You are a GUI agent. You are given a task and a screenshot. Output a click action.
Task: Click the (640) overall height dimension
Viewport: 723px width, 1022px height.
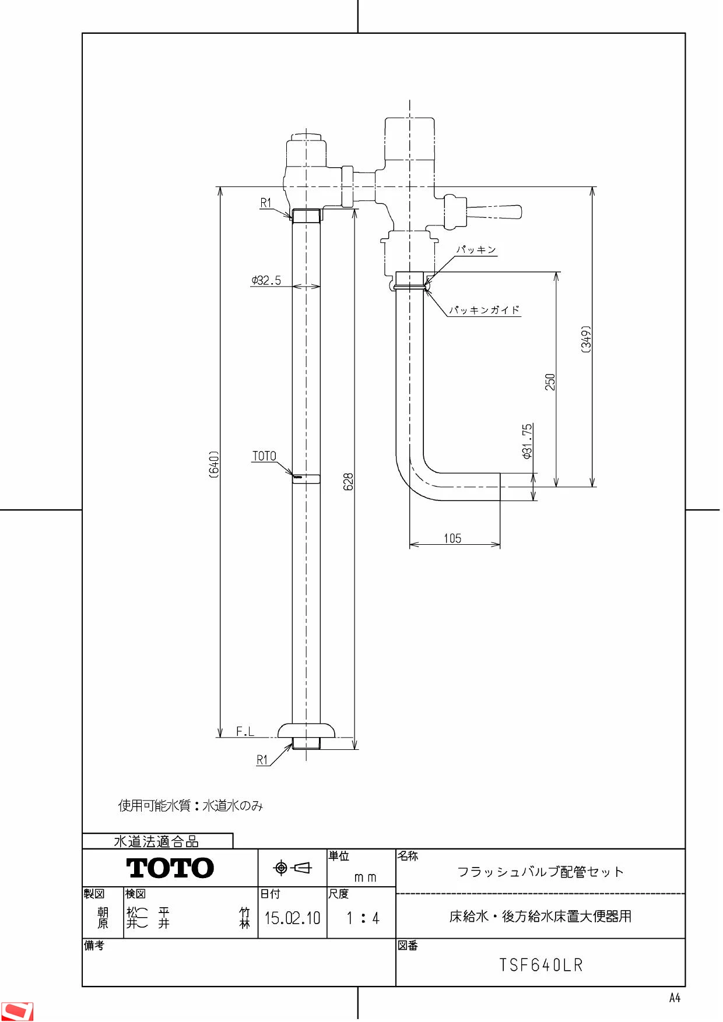215,464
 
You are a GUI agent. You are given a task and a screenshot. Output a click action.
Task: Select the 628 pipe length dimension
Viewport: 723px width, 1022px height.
349,481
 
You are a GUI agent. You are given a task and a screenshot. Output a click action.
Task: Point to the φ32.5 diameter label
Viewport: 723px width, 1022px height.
266,280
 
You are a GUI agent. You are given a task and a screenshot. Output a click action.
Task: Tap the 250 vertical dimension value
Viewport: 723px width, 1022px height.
550,382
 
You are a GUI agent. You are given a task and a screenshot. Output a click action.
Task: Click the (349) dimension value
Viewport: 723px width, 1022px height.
586,339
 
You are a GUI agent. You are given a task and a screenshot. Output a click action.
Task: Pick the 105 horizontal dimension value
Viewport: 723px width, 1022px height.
452,538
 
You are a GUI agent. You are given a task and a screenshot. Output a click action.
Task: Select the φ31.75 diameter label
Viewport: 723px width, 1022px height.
527,441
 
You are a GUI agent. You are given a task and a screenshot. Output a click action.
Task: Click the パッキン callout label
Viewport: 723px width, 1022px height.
476,249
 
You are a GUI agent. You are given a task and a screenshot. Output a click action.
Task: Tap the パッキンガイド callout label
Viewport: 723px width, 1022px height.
485,310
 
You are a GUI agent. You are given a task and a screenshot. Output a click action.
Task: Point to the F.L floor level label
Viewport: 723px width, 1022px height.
245,731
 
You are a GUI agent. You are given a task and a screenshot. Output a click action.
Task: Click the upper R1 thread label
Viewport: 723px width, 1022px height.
266,203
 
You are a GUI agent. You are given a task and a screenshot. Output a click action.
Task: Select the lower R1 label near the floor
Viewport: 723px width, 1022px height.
262,760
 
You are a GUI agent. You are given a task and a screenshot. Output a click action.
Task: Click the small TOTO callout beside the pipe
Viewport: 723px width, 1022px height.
264,456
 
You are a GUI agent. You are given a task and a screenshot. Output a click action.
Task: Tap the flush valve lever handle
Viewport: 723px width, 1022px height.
493,212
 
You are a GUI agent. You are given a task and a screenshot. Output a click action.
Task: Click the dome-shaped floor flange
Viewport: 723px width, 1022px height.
306,730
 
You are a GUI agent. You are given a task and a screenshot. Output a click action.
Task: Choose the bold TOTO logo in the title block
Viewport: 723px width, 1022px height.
170,868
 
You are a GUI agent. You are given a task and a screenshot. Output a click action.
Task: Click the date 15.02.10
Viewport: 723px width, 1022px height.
293,918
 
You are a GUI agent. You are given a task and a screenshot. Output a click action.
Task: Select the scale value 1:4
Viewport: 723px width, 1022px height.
363,918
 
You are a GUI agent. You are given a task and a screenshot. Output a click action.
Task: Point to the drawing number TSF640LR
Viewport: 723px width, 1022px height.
541,965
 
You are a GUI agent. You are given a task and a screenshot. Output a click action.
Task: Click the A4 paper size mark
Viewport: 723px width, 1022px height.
675,998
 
